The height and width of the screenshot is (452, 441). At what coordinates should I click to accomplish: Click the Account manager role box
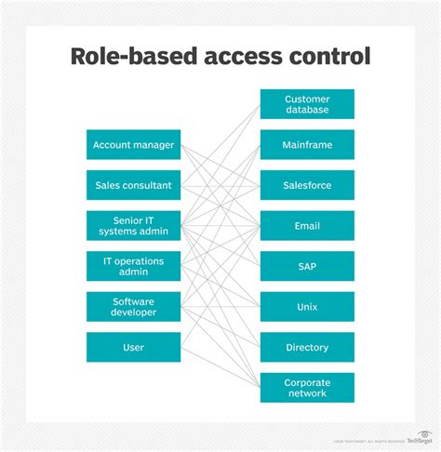pyautogui.click(x=133, y=145)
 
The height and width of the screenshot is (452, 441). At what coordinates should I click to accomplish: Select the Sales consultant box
pyautogui.click(x=133, y=185)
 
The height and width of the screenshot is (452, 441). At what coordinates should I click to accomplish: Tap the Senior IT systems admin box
pyautogui.click(x=133, y=225)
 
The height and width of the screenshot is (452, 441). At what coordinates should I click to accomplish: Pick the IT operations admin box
pyautogui.click(x=133, y=266)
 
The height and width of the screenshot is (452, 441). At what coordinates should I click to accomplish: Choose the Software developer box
pyautogui.click(x=133, y=307)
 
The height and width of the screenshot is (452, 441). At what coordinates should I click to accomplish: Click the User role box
pyautogui.click(x=133, y=347)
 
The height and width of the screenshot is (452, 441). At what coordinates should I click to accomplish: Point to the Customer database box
pyautogui.click(x=307, y=104)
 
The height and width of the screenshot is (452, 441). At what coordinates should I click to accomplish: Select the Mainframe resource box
pyautogui.click(x=307, y=145)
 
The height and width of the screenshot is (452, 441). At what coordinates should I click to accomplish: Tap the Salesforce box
pyautogui.click(x=307, y=185)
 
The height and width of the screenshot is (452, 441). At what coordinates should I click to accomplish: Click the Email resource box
pyautogui.click(x=307, y=225)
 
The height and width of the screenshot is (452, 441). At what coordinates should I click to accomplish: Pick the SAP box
pyautogui.click(x=307, y=266)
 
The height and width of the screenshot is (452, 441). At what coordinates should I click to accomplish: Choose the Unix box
pyautogui.click(x=307, y=307)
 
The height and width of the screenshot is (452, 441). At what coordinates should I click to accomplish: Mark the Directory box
pyautogui.click(x=307, y=347)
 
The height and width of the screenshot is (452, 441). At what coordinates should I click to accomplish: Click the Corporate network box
pyautogui.click(x=307, y=387)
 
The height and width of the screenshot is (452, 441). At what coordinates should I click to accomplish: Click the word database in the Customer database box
pyautogui.click(x=307, y=111)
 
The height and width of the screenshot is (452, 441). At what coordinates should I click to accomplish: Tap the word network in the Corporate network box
pyautogui.click(x=307, y=393)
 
